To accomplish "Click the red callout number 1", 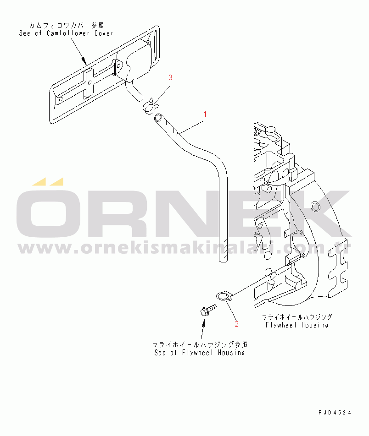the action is tap(205, 114).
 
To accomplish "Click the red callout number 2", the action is tap(237, 324).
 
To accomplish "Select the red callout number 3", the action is tap(170, 77).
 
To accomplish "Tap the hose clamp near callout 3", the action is tap(150, 106).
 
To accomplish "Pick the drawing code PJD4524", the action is tap(335, 413).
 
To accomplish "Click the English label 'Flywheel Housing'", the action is tap(297, 325).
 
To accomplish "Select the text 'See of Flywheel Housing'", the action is tap(200, 353).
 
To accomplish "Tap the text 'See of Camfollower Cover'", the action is tap(66, 33).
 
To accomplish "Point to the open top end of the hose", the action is tap(158, 117).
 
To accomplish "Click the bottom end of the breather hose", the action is tap(223, 260).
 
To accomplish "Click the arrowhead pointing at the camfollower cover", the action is tap(84, 60).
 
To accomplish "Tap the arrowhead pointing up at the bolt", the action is tap(204, 322).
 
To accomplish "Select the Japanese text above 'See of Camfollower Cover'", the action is tap(67, 26).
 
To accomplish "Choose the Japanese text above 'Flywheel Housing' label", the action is tap(297, 317).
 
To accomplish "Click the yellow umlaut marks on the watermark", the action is tap(48, 181).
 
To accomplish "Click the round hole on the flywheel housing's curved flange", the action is tap(315, 206).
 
